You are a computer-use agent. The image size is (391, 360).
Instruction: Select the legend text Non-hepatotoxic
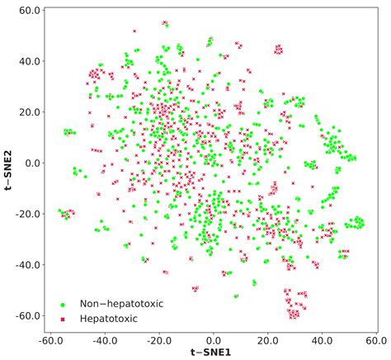tap(121, 303)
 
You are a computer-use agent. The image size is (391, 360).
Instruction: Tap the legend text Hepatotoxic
tap(110, 318)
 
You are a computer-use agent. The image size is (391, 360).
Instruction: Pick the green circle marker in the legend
tap(64, 303)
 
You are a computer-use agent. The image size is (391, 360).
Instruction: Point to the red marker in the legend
tap(64, 318)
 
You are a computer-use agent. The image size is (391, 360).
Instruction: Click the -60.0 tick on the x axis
tap(50, 340)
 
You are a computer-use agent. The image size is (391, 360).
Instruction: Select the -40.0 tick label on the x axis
tap(104, 340)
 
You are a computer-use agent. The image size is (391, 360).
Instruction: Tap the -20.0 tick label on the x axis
tap(158, 340)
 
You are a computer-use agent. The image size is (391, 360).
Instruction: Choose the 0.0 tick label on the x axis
tap(213, 340)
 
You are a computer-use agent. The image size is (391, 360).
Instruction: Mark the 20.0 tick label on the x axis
tap(267, 340)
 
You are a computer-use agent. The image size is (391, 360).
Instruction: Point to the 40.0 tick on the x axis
tap(322, 340)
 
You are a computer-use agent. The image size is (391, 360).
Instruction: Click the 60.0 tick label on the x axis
tap(375, 340)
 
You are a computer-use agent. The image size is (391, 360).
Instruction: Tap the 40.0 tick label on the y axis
tap(31, 60)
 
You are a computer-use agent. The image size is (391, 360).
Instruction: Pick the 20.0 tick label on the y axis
tap(31, 111)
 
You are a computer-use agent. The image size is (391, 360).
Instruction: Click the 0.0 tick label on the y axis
tap(33, 163)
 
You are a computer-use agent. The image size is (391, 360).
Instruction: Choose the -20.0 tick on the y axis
tap(29, 214)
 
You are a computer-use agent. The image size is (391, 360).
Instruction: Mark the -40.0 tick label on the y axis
tap(29, 265)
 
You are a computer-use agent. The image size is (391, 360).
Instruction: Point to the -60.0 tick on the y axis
tap(29, 316)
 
